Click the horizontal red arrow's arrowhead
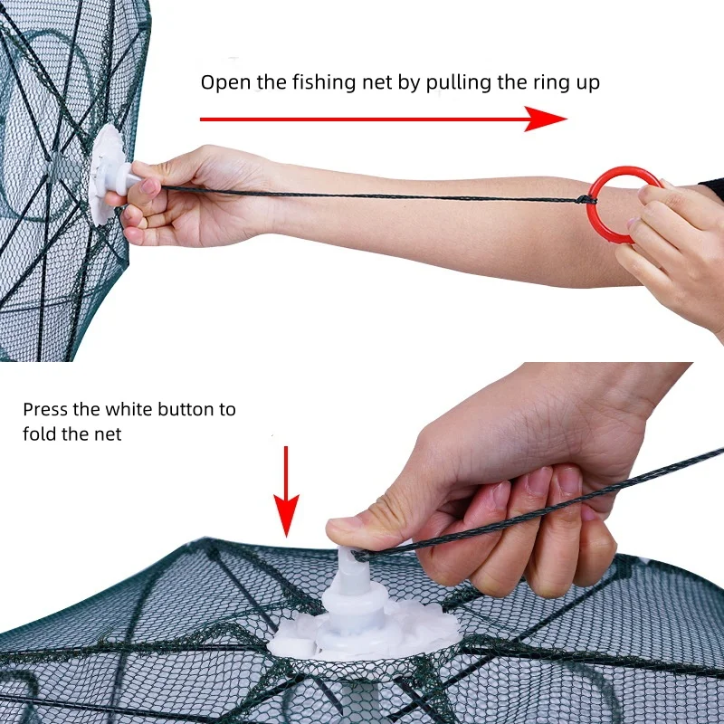(548, 119)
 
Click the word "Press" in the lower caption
(45, 409)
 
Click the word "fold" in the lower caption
(40, 434)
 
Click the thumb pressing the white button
(362, 529)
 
